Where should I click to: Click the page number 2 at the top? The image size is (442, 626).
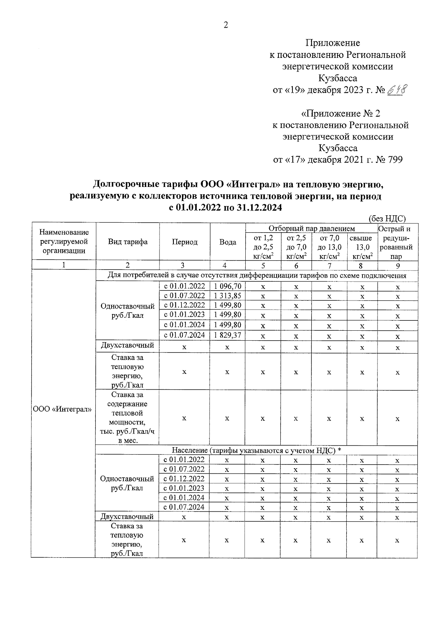click(226, 25)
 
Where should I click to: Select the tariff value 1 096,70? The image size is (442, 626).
click(227, 286)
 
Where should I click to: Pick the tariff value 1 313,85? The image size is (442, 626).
click(227, 296)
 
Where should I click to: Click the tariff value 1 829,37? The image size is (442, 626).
click(227, 335)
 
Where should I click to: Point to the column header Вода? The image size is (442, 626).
click(228, 242)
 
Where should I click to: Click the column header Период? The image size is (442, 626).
click(185, 242)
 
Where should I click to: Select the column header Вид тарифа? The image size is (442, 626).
click(127, 242)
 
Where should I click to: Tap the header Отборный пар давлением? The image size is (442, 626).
click(311, 229)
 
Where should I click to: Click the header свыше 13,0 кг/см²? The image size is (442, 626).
click(362, 247)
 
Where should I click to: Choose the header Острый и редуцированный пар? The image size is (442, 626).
click(397, 242)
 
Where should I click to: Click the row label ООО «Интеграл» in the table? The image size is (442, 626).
click(63, 410)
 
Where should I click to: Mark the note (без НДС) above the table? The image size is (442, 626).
click(387, 219)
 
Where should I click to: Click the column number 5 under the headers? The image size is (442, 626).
click(263, 265)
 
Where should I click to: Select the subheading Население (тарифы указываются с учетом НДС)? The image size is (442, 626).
click(256, 450)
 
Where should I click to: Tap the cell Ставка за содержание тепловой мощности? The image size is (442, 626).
click(127, 417)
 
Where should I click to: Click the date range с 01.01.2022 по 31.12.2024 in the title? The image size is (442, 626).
click(225, 208)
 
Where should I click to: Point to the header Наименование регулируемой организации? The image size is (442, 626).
click(64, 242)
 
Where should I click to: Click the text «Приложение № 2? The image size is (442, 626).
click(340, 113)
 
